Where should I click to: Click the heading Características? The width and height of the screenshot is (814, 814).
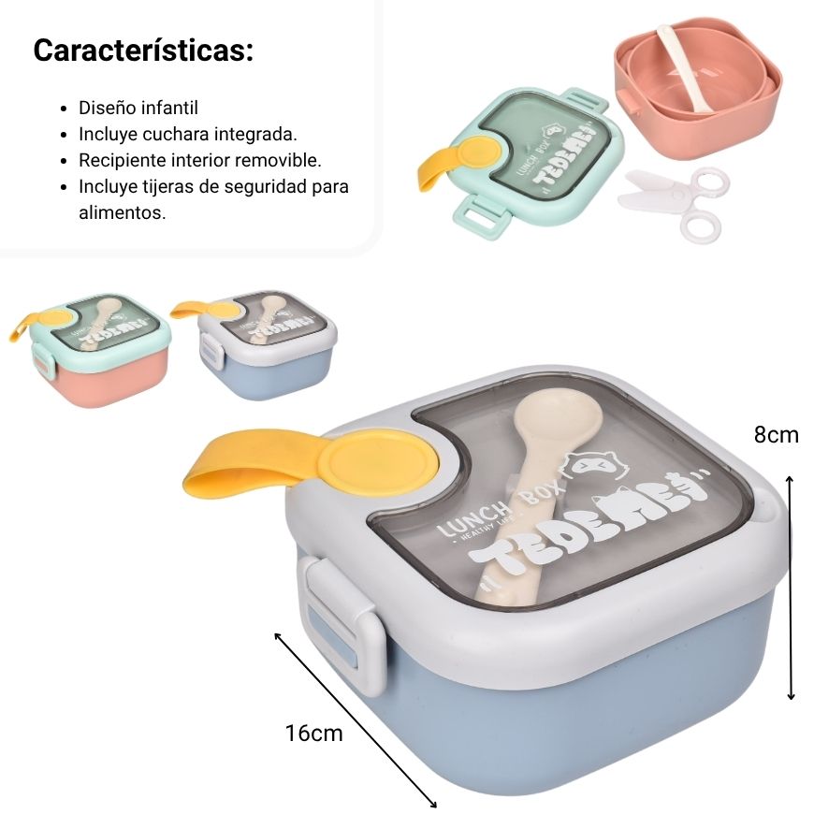click(x=143, y=51)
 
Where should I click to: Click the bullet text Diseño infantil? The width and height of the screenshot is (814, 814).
click(x=138, y=108)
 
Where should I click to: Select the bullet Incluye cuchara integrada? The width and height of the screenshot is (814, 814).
click(x=188, y=134)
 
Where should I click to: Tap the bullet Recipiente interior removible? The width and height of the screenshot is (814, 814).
click(x=200, y=160)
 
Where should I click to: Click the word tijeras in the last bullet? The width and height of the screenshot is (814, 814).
click(x=169, y=186)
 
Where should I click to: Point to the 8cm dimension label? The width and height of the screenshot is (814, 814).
click(x=776, y=434)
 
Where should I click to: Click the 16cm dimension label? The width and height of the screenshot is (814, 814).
click(x=314, y=733)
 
